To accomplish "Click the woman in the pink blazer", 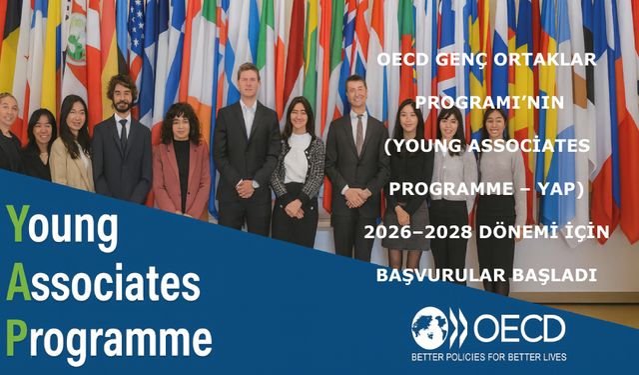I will pyautogui.click(x=181, y=160).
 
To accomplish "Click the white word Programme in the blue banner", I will pyautogui.click(x=120, y=337).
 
